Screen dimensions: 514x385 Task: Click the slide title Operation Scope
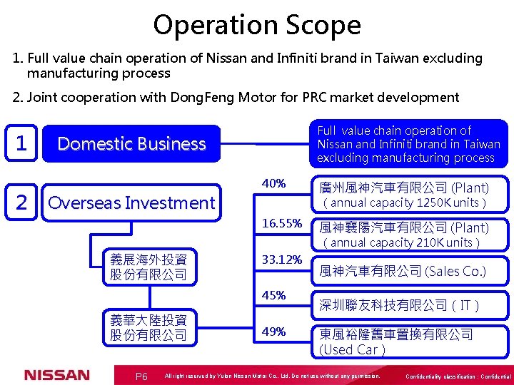pyautogui.click(x=257, y=26)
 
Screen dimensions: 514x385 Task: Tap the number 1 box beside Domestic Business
pyautogui.click(x=21, y=144)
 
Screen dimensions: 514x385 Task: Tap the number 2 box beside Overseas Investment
pyautogui.click(x=21, y=203)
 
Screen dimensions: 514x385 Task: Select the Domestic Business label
pyautogui.click(x=131, y=144)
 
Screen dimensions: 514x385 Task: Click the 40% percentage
pyautogui.click(x=274, y=184)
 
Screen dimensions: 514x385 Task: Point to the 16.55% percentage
pyautogui.click(x=282, y=223)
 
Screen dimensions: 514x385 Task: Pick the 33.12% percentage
pyautogui.click(x=282, y=260)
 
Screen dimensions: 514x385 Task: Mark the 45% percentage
pyautogui.click(x=274, y=295)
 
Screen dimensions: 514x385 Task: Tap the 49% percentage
pyautogui.click(x=274, y=332)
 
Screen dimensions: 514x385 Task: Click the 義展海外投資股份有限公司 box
pyautogui.click(x=148, y=267)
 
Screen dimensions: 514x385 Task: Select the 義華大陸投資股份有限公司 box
pyautogui.click(x=148, y=328)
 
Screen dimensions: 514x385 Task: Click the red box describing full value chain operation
pyautogui.click(x=409, y=144)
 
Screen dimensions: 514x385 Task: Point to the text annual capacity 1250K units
pyautogui.click(x=405, y=203)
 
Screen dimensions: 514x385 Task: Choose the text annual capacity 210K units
pyautogui.click(x=401, y=242)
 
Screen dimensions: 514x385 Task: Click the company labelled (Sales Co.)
pyautogui.click(x=403, y=271)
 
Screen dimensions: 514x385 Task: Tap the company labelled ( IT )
pyautogui.click(x=399, y=306)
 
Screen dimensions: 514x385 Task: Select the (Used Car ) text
pyautogui.click(x=353, y=349)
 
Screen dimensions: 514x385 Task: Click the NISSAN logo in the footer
pyautogui.click(x=57, y=375)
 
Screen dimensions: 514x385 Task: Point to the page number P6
pyautogui.click(x=141, y=376)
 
